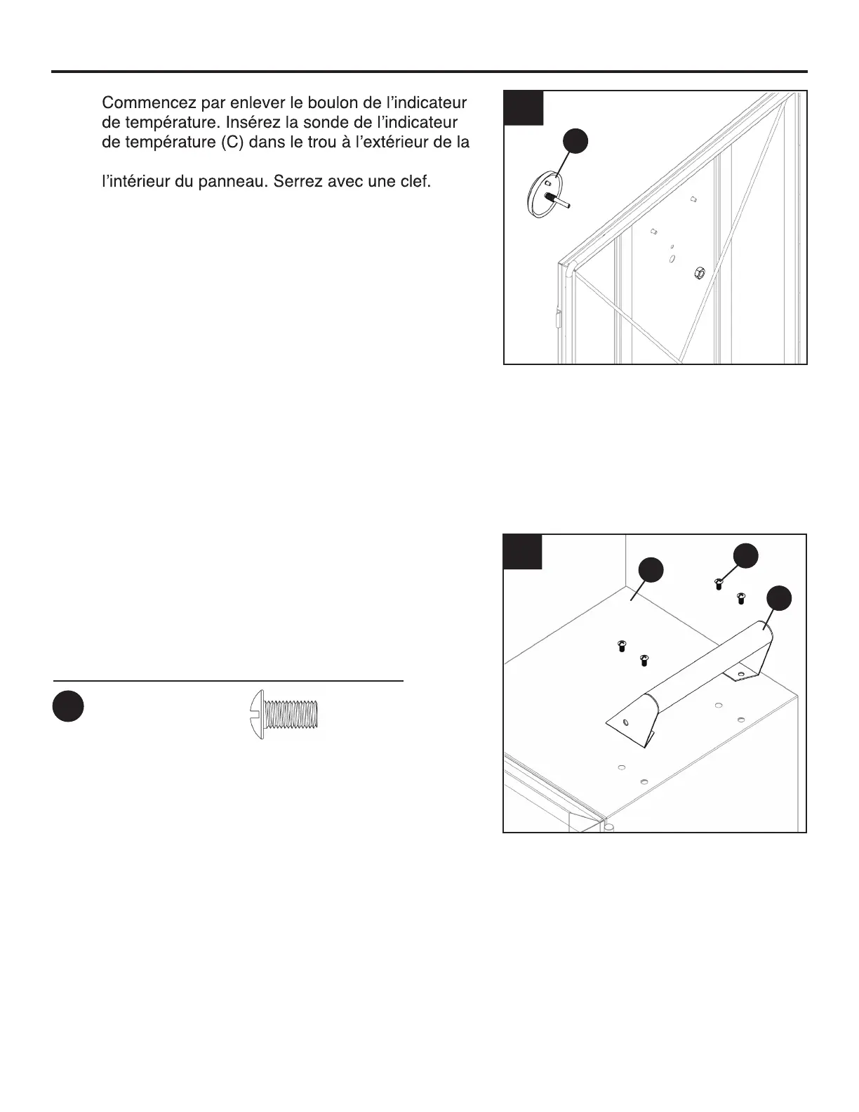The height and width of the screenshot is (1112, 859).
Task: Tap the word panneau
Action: (x=234, y=182)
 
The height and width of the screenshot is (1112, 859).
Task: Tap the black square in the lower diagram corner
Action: (x=523, y=552)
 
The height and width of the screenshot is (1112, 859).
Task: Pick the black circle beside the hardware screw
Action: (x=68, y=706)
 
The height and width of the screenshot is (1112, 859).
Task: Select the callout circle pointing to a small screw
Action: (x=745, y=555)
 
